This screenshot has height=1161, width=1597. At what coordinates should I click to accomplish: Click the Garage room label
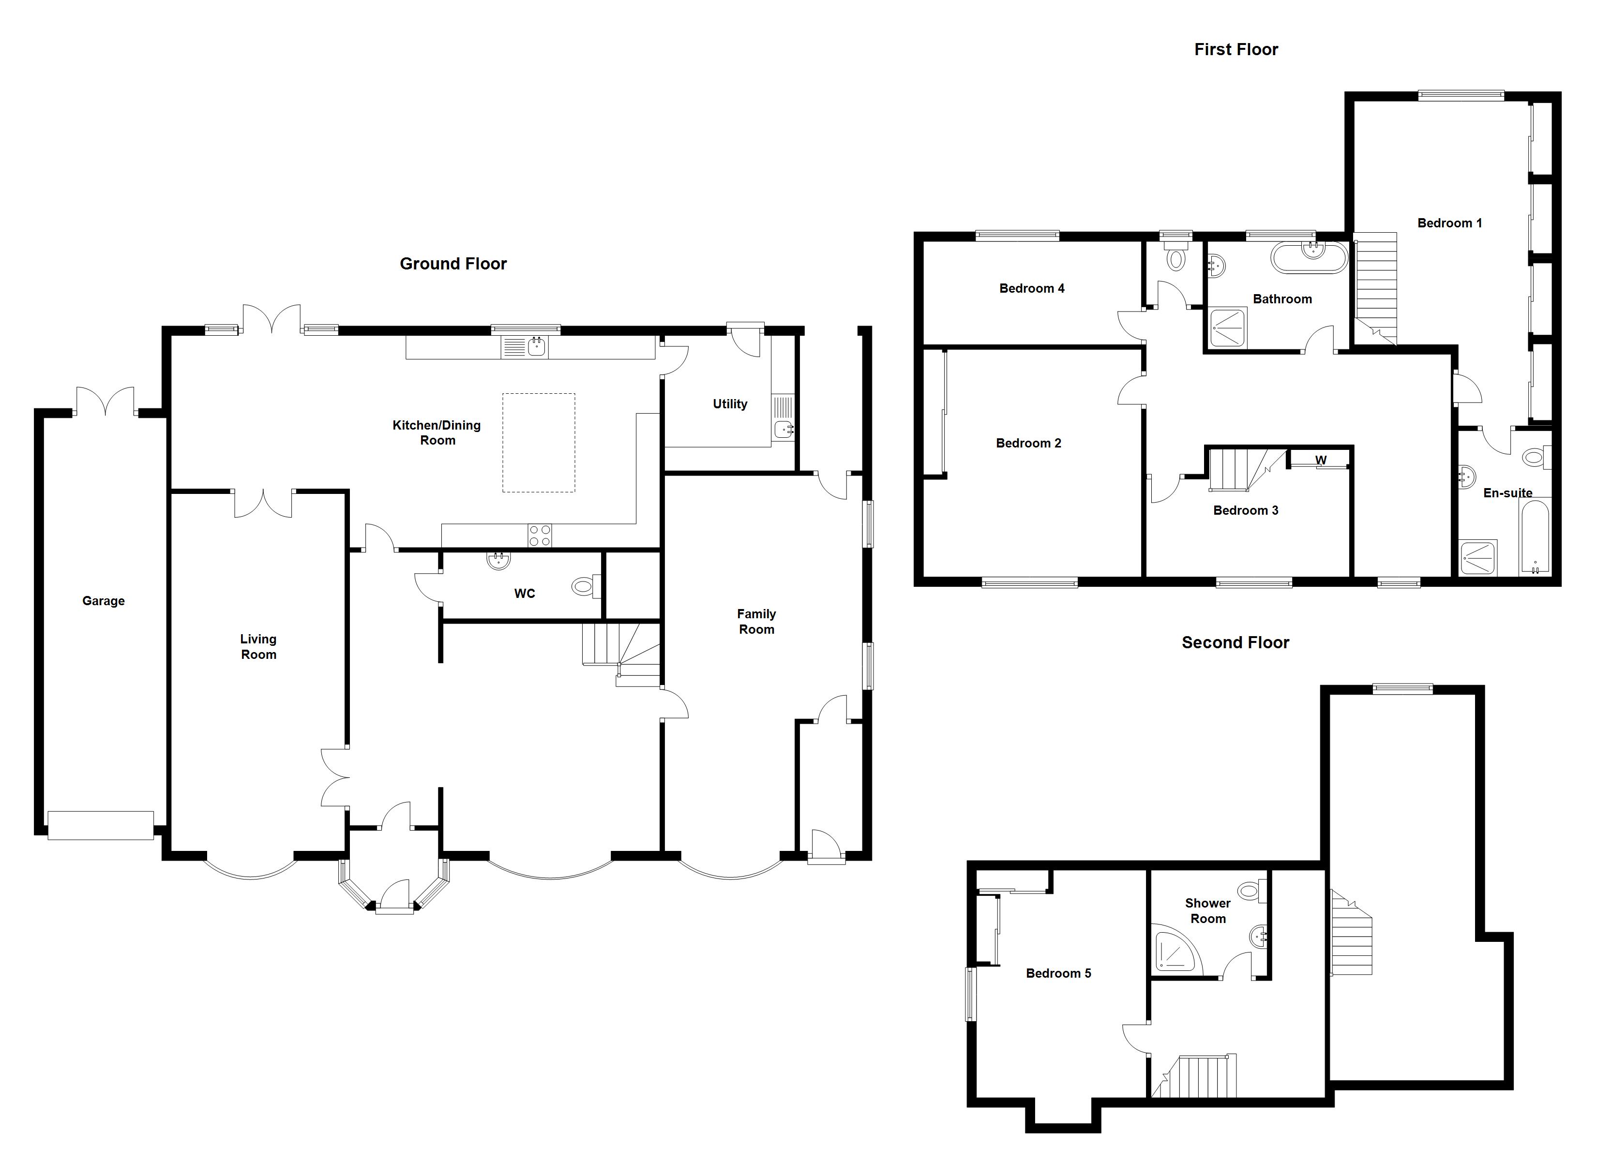(104, 600)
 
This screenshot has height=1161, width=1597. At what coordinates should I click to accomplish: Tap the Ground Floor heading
(453, 263)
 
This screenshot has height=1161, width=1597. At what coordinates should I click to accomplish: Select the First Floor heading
(1236, 49)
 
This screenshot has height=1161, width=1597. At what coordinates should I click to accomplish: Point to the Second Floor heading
(1235, 642)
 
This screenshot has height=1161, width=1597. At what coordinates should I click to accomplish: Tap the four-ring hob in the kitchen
(540, 536)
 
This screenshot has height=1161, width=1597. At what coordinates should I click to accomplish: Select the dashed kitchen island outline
(538, 442)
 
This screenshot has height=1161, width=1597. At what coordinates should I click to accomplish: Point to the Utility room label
(729, 404)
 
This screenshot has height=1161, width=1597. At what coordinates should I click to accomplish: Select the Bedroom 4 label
(1032, 288)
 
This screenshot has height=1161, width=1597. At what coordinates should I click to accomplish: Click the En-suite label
(1507, 493)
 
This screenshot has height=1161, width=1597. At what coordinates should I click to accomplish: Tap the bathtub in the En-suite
(1535, 536)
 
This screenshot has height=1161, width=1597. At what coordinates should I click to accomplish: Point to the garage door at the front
(100, 825)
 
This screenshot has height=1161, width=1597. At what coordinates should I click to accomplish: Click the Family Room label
(756, 622)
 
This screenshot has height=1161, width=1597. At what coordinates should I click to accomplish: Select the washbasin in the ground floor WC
(498, 561)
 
